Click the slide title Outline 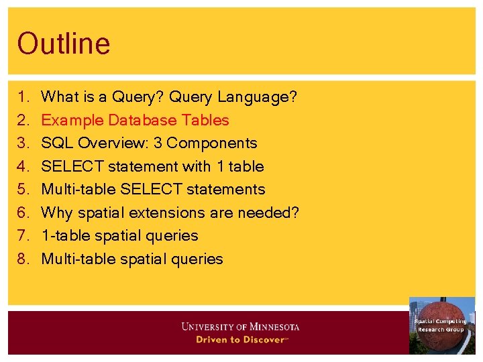[x=64, y=44]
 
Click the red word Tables [x=209, y=121]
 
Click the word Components [x=218, y=143]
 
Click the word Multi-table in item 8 [x=78, y=259]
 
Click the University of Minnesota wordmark [x=240, y=327]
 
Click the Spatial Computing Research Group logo [x=441, y=326]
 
